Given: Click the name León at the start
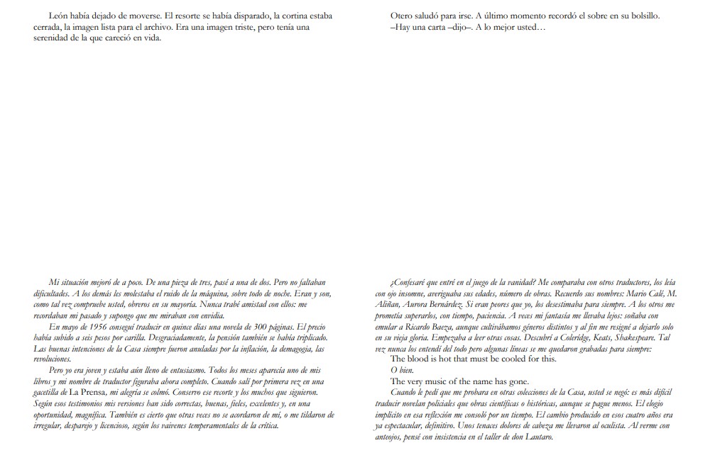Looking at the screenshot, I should click(58, 16).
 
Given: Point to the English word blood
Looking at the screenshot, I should click(424, 359).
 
